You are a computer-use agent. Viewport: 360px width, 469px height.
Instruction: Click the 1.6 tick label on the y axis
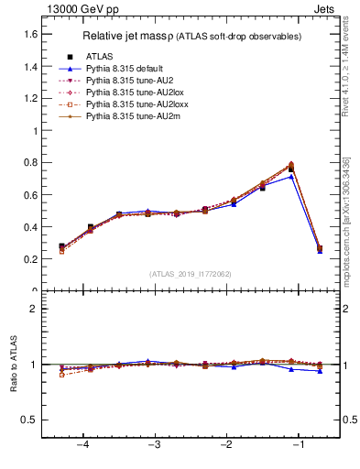pyautogui.click(x=29, y=35)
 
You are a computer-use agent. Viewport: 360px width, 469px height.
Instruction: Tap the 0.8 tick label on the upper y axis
pyautogui.click(x=29, y=163)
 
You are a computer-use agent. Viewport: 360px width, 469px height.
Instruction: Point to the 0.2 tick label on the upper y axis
pyautogui.click(x=29, y=259)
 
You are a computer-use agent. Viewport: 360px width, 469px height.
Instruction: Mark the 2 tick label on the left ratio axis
pyautogui.click(x=33, y=309)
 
